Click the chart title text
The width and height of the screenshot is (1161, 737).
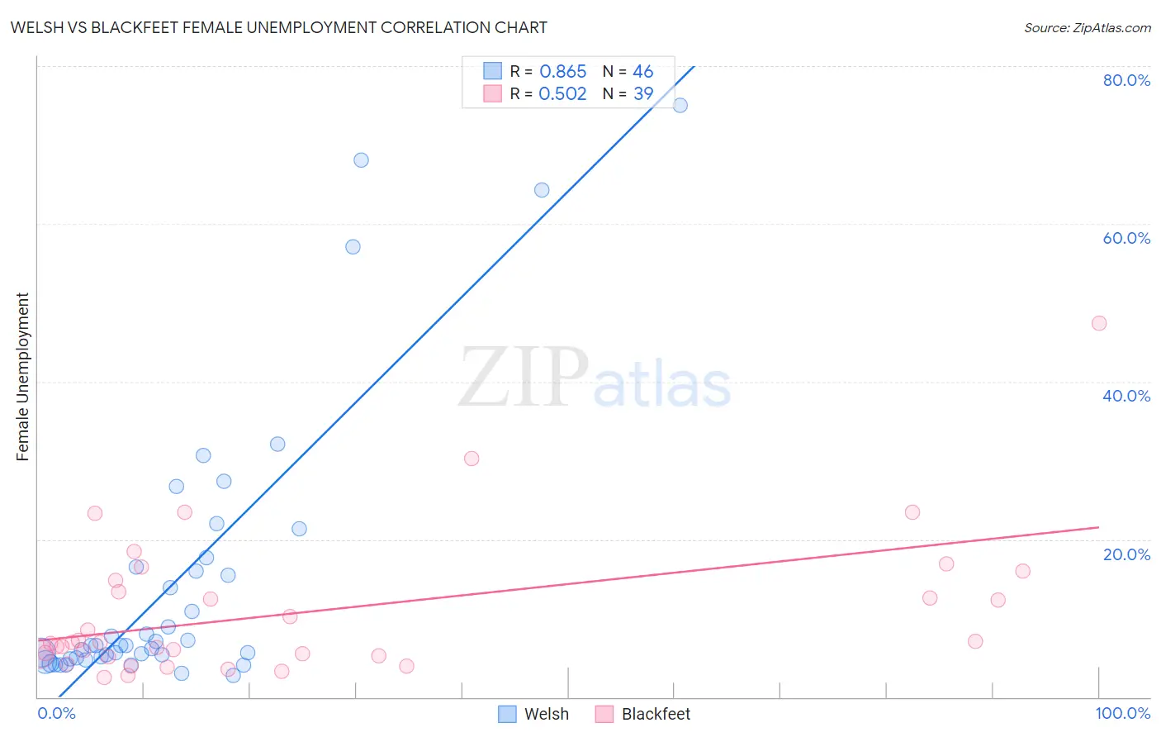point(278,27)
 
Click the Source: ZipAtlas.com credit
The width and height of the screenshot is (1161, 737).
point(1087,27)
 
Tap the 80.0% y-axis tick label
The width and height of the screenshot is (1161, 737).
point(1126,80)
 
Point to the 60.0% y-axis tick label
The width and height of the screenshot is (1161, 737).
point(1126,238)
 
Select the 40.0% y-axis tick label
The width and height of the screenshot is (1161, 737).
point(1126,396)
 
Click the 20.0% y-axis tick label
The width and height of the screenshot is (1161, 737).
point(1126,554)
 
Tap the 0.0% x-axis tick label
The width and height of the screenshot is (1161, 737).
point(56,713)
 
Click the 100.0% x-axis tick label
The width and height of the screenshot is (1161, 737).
point(1122,713)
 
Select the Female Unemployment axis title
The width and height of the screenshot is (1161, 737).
point(22,377)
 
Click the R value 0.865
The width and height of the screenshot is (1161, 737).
point(562,72)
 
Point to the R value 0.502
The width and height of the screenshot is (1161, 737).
point(562,94)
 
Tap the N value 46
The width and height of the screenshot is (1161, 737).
point(642,72)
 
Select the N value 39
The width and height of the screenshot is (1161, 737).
point(642,94)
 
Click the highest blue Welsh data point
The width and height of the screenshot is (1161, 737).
point(680,105)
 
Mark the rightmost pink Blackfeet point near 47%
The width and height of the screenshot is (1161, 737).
point(1098,323)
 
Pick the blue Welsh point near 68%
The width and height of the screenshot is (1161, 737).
point(361,160)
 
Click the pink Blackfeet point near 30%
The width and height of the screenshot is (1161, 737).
point(472,459)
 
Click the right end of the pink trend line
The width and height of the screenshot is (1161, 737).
point(1098,527)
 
